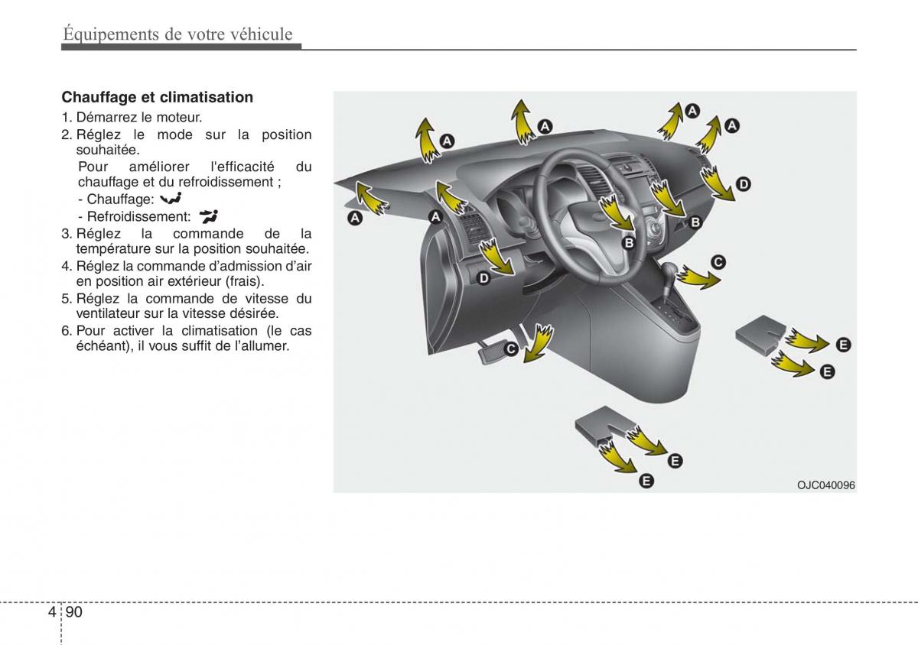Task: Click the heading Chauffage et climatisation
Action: (x=157, y=97)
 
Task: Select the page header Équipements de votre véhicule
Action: (x=177, y=34)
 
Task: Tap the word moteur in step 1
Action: (x=177, y=118)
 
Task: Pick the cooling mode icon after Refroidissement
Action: (x=208, y=216)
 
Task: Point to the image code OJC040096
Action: (x=825, y=485)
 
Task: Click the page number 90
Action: (x=74, y=612)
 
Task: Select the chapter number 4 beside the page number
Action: (x=50, y=612)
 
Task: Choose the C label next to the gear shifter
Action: (x=718, y=262)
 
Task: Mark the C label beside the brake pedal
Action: (x=510, y=349)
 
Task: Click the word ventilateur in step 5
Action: (x=108, y=313)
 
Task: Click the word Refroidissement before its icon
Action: (x=138, y=216)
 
